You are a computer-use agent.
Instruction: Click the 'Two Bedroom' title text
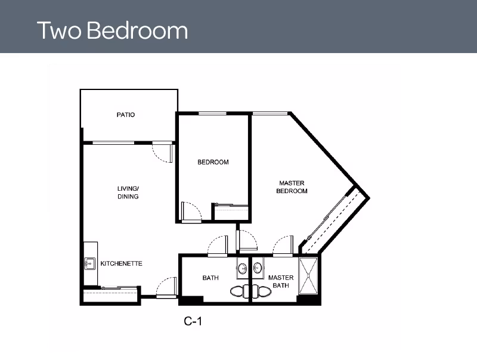point(112,30)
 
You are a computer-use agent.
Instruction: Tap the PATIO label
point(125,114)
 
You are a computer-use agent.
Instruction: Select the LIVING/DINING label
point(128,193)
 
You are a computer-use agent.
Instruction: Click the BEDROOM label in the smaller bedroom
point(213,162)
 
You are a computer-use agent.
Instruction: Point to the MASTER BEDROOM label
point(292,187)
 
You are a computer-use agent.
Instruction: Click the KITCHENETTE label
point(121,263)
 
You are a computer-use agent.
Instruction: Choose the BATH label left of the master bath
point(210,278)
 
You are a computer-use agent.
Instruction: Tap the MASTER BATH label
point(280,281)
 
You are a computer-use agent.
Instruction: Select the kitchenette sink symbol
point(89,263)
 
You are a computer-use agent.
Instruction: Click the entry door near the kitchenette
point(167,288)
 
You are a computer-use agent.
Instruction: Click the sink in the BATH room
point(243,269)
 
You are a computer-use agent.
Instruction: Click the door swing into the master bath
point(283,246)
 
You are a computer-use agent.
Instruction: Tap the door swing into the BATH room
point(218,246)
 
